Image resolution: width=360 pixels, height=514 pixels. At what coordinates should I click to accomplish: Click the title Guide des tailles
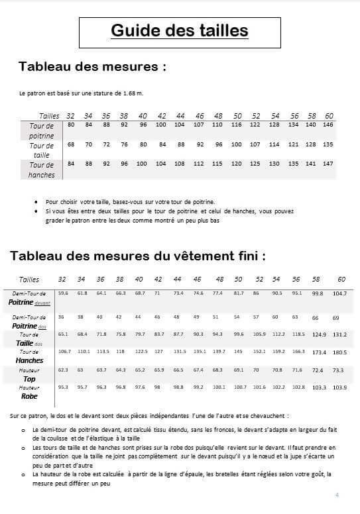click(x=179, y=30)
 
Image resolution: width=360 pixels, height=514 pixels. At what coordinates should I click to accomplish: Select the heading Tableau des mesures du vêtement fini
click(x=138, y=255)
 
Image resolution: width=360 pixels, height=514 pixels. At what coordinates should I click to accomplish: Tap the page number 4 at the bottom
click(x=337, y=495)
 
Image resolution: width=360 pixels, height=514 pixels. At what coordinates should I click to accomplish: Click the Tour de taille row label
click(x=42, y=150)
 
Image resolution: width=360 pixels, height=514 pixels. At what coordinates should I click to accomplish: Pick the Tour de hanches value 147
click(x=328, y=164)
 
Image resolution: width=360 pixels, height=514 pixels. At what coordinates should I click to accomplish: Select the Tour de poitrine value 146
click(x=328, y=125)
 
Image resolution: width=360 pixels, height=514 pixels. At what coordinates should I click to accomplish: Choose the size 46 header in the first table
click(x=200, y=115)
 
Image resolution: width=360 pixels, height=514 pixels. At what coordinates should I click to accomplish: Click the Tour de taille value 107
click(x=255, y=144)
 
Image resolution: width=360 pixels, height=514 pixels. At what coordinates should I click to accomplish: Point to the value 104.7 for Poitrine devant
click(x=340, y=293)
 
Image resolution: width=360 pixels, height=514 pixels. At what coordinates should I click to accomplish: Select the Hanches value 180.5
click(x=339, y=352)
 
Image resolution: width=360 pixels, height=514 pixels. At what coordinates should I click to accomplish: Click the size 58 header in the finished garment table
click(x=317, y=280)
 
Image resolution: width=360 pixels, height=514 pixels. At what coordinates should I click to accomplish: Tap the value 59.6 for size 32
click(x=63, y=292)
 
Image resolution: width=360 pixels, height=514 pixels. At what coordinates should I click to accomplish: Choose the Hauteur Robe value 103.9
click(x=339, y=387)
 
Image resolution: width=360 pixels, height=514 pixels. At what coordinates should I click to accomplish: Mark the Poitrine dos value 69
click(x=335, y=318)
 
